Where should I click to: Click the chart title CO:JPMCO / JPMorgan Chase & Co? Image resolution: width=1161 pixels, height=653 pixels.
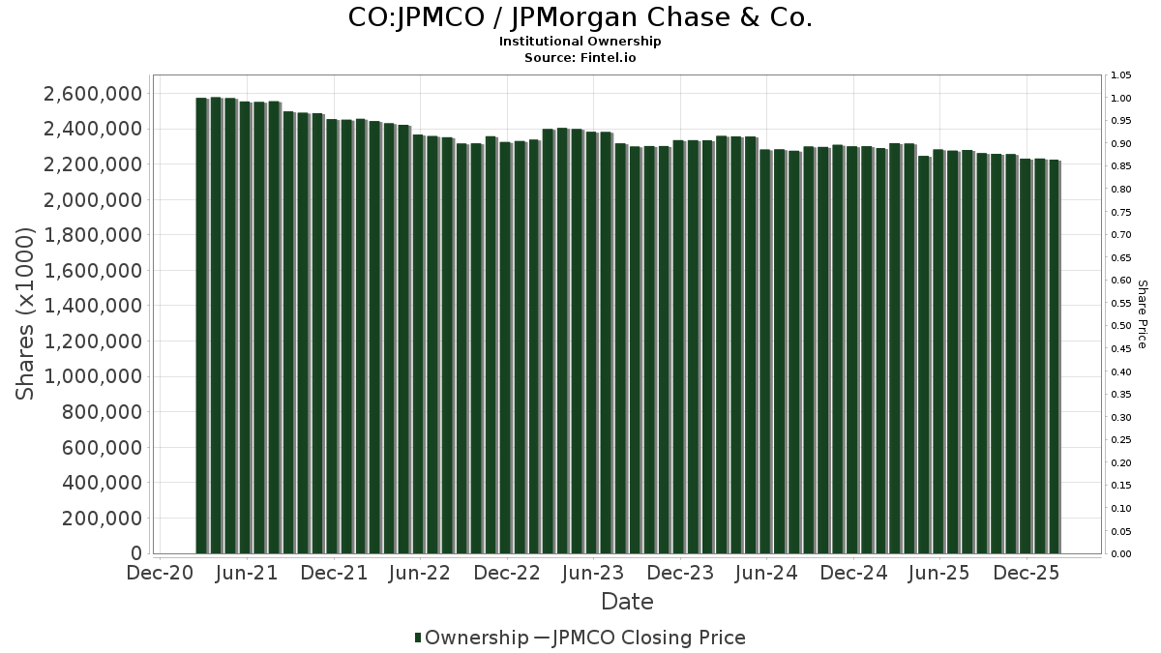point(580,17)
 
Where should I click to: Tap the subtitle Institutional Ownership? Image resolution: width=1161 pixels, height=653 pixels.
point(580,42)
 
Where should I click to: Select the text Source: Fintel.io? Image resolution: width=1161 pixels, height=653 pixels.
point(580,58)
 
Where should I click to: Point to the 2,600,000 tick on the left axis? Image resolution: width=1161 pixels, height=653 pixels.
point(93,94)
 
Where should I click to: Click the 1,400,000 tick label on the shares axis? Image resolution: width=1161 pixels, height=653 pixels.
point(93,307)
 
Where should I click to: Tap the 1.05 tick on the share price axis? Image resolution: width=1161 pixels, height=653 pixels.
point(1121,75)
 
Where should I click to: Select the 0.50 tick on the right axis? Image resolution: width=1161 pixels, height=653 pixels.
point(1121,326)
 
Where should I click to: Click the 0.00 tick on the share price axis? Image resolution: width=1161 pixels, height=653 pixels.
point(1121,554)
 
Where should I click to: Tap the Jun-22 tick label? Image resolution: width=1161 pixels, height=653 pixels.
point(420,573)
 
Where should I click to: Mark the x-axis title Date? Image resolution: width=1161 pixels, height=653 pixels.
point(627,602)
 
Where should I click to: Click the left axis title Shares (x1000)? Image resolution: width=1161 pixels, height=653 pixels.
point(26,313)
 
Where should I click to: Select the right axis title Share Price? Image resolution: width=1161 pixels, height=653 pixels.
point(1142,313)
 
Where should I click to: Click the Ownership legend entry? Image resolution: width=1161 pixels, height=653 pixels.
point(470,638)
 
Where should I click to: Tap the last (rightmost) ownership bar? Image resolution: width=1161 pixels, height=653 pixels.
point(1054,357)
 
